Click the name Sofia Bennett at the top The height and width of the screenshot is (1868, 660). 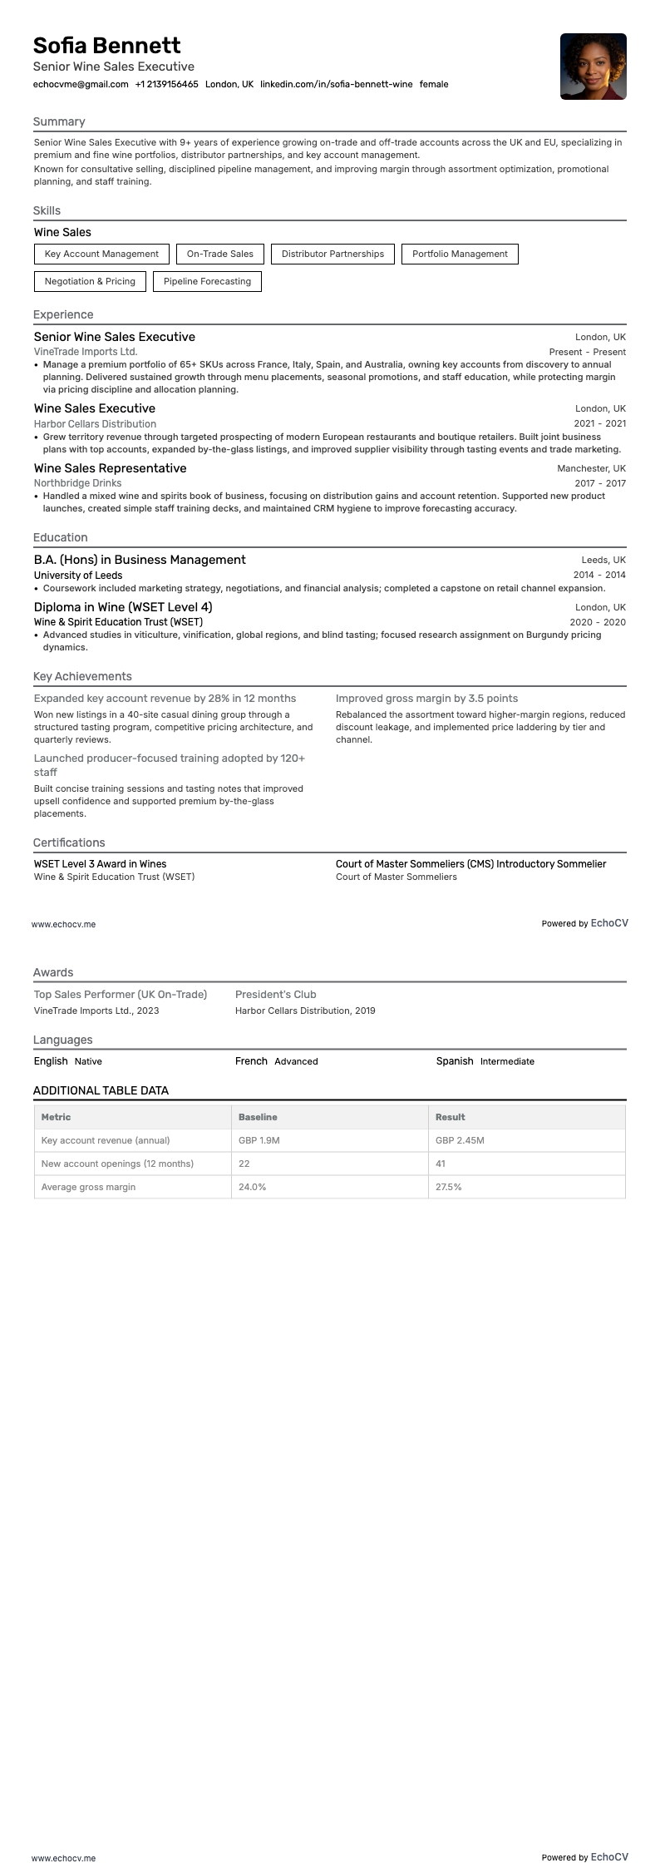pos(106,46)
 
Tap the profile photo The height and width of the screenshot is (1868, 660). pos(593,67)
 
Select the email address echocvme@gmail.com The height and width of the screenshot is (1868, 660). pos(81,84)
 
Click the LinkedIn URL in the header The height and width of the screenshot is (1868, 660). pos(336,84)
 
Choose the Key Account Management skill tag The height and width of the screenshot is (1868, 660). pos(101,255)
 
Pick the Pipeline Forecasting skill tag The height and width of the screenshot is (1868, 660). pos(207,282)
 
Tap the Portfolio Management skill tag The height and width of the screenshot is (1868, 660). pos(460,255)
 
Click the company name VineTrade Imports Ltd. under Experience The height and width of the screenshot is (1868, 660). pos(86,352)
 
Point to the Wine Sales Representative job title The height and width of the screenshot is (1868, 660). pos(110,468)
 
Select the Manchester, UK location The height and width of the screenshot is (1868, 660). pos(591,468)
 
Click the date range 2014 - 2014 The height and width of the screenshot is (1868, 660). pos(598,575)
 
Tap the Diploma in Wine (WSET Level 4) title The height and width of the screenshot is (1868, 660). pos(123,607)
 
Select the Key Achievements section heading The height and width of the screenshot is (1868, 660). pos(82,676)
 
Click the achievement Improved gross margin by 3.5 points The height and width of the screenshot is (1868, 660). pos(426,699)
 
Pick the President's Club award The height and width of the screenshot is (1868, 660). pos(275,995)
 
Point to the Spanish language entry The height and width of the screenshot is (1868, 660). pos(455,1061)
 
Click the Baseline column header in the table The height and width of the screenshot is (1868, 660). pos(258,1117)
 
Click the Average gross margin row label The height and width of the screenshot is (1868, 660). pos(88,1187)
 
